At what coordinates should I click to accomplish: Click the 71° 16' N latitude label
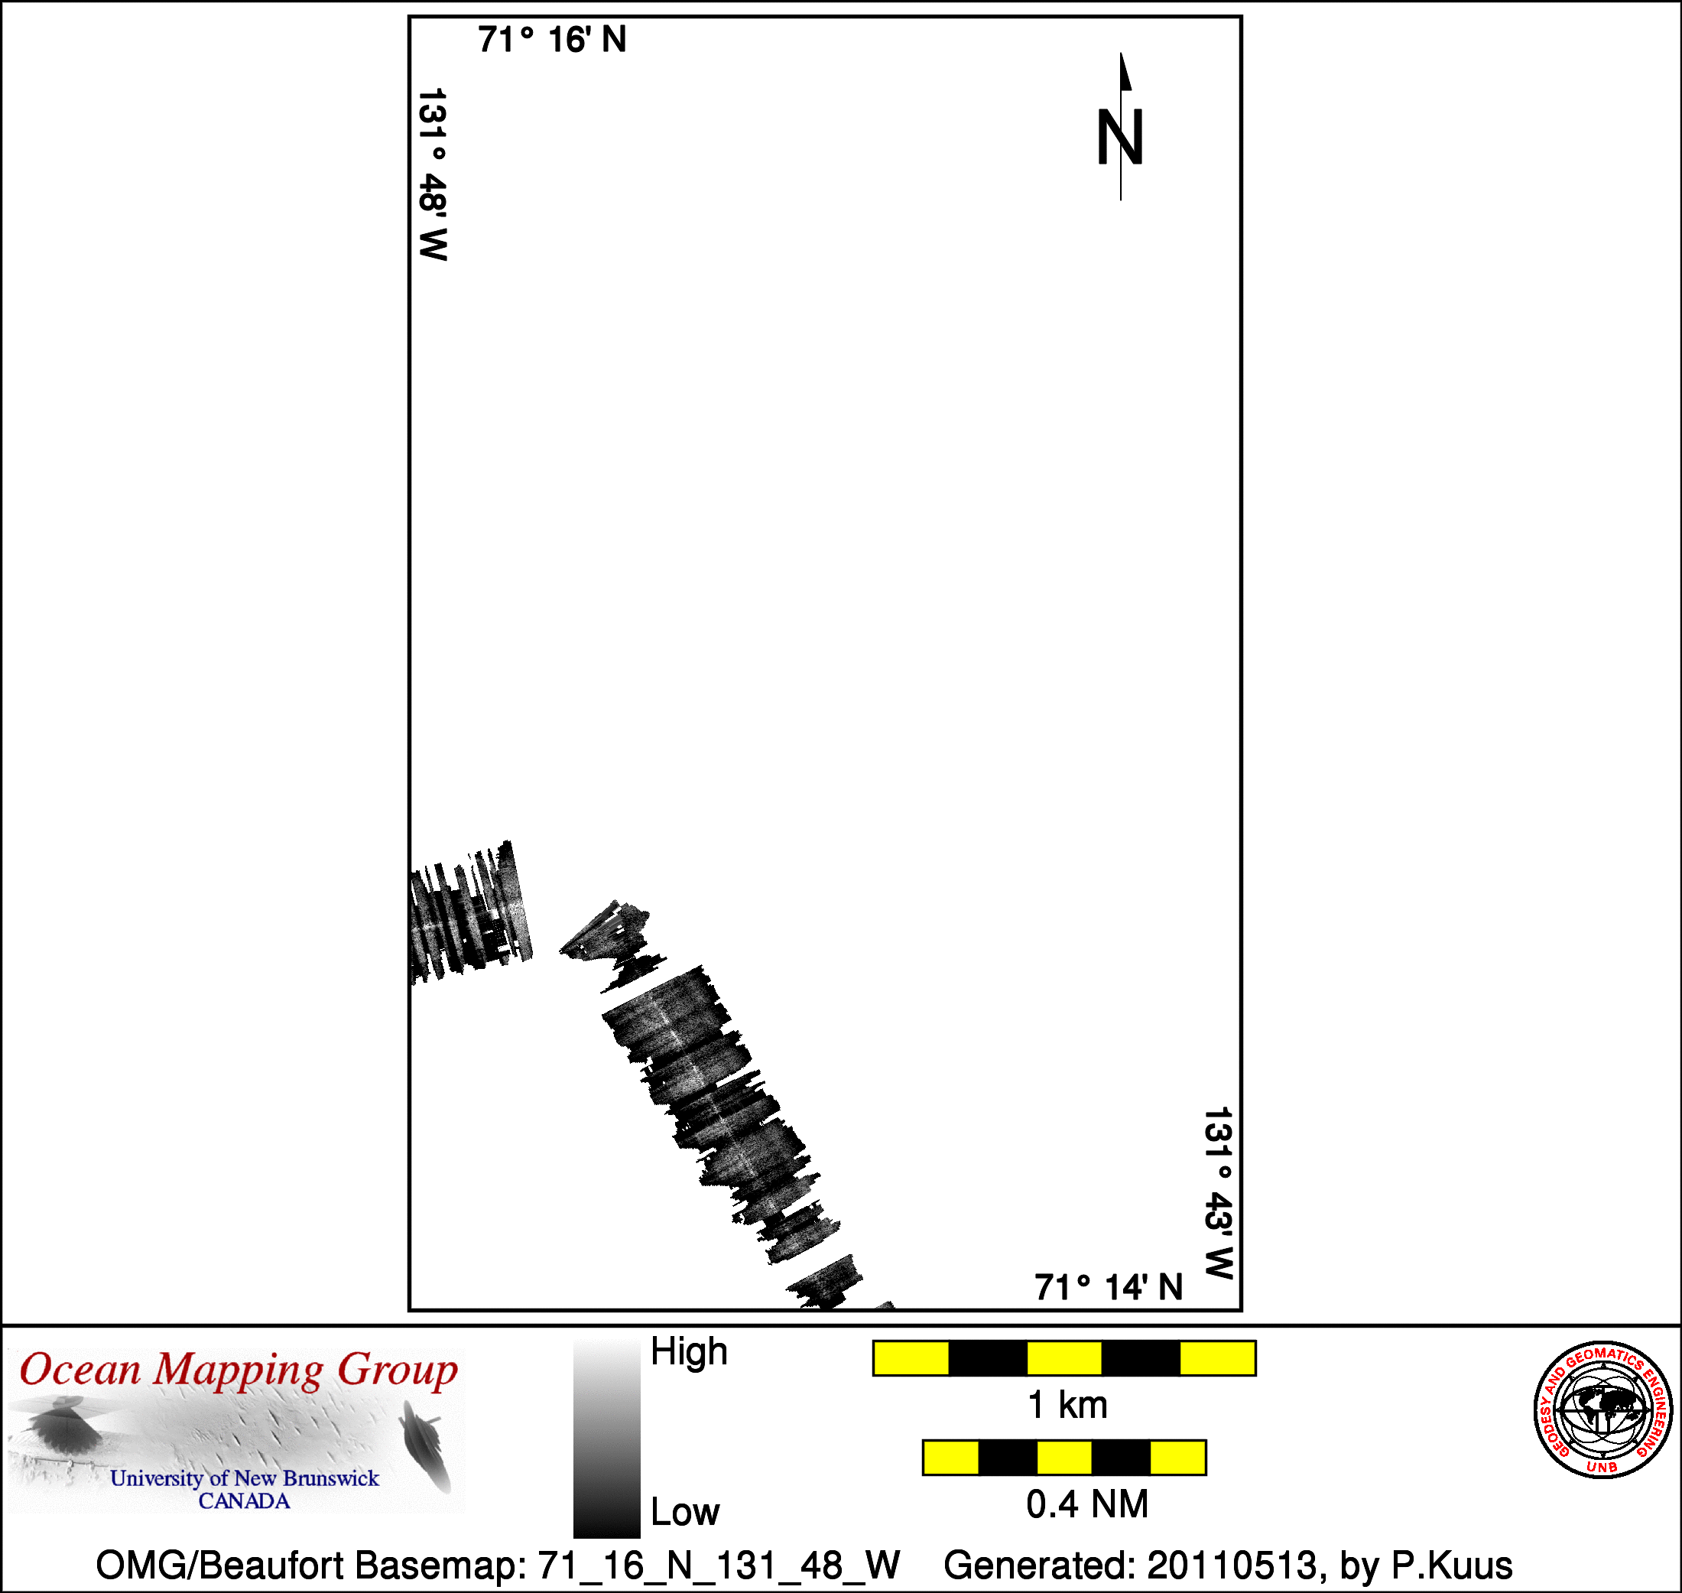tap(552, 40)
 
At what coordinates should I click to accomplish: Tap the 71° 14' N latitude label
tap(1108, 1287)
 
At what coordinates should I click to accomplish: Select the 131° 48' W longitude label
tap(432, 174)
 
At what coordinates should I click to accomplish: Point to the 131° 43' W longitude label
tap(1218, 1192)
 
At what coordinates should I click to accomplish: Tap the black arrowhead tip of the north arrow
tap(1121, 54)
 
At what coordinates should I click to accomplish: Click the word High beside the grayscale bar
tap(689, 1351)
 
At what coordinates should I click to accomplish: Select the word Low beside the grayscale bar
tap(684, 1511)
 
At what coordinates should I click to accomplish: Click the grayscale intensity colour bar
tap(606, 1439)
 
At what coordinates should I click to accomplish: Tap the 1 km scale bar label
tap(1067, 1406)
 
